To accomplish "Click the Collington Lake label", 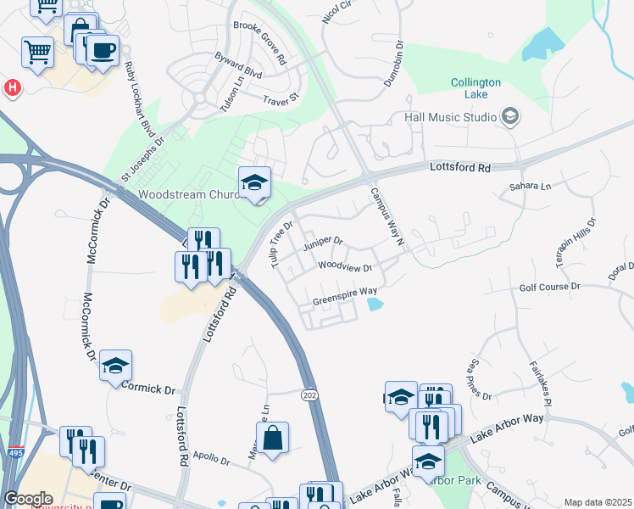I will pos(475,88).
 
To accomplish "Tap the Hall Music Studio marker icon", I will pos(510,115).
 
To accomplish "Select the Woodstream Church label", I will pos(186,193).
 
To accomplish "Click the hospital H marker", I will pos(13,87).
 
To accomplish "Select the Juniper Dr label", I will pos(322,242).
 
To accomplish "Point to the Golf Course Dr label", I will pos(549,287).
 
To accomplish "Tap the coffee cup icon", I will pos(103,50).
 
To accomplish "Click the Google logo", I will pos(28,498).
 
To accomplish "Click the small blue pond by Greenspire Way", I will pos(374,305).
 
